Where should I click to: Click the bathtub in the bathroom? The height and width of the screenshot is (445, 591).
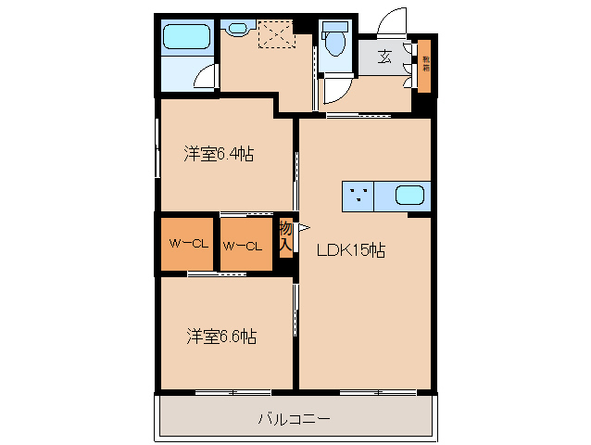click(x=188, y=37)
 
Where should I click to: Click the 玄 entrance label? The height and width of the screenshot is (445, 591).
click(x=384, y=57)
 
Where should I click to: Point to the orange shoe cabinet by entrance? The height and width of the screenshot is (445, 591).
click(x=425, y=67)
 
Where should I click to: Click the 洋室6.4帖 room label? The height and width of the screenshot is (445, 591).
click(x=219, y=155)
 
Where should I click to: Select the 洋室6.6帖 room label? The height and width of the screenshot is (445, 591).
click(x=220, y=337)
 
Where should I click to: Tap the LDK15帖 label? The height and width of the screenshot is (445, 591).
click(x=352, y=249)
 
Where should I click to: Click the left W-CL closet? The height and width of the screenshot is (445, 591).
click(x=189, y=245)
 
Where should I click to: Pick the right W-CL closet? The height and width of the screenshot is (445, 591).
click(x=245, y=245)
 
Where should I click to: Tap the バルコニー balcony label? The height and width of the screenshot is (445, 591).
click(x=294, y=419)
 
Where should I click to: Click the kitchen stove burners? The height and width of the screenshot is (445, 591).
click(x=360, y=196)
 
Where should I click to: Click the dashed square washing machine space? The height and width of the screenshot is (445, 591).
click(x=275, y=36)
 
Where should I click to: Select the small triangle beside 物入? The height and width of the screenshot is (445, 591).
click(x=302, y=225)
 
